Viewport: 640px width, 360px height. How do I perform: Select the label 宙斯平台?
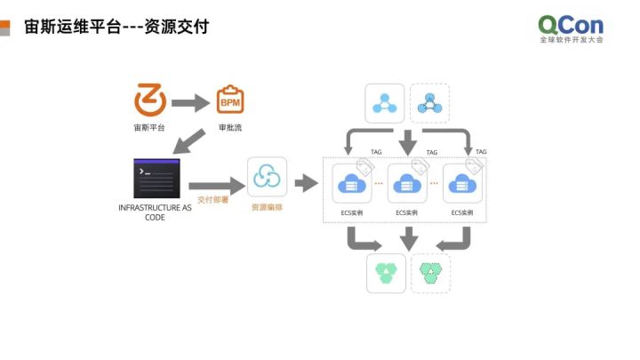click(x=149, y=128)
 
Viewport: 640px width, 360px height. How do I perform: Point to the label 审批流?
click(x=230, y=128)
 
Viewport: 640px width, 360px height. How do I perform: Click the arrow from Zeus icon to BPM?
click(x=189, y=102)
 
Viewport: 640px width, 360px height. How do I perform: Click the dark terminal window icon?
click(x=156, y=179)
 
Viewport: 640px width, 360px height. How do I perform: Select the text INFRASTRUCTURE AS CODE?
click(x=156, y=212)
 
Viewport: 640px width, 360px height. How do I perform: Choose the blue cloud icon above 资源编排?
click(x=266, y=179)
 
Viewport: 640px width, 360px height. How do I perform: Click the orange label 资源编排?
click(x=266, y=207)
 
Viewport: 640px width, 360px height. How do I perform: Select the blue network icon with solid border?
click(x=385, y=103)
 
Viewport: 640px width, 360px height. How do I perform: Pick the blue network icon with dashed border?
click(x=429, y=103)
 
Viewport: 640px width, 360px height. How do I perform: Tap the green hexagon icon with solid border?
click(x=386, y=273)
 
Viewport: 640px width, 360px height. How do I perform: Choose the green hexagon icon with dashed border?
click(x=430, y=273)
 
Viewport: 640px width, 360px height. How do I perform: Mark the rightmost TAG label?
click(x=481, y=152)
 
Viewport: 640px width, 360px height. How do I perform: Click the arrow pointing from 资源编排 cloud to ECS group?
click(x=307, y=183)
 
